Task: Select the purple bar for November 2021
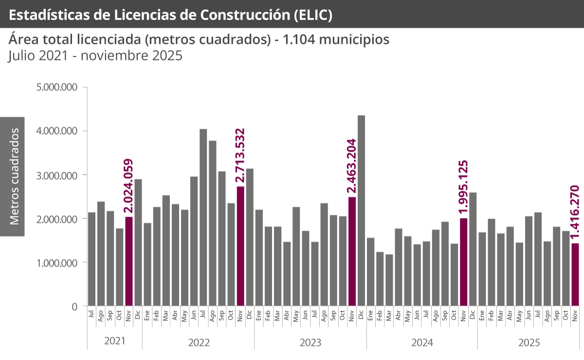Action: coord(128,261)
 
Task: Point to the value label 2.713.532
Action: coord(240,156)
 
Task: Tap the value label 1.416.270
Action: coord(575,212)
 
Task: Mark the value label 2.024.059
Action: coord(128,186)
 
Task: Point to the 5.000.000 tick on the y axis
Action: coord(57,88)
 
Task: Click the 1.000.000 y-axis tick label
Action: coord(57,263)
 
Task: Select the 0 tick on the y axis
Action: coord(74,306)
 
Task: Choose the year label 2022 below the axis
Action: coord(199,342)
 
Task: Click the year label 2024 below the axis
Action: coord(422,342)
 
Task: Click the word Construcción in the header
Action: coord(247,15)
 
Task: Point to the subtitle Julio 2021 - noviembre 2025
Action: coord(95,55)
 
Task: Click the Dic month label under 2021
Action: coord(138,314)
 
